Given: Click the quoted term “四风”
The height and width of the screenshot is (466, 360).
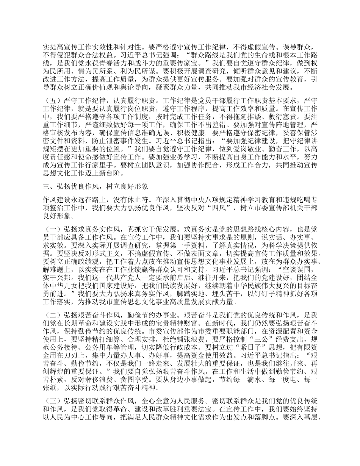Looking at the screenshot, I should [x=222, y=208].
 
